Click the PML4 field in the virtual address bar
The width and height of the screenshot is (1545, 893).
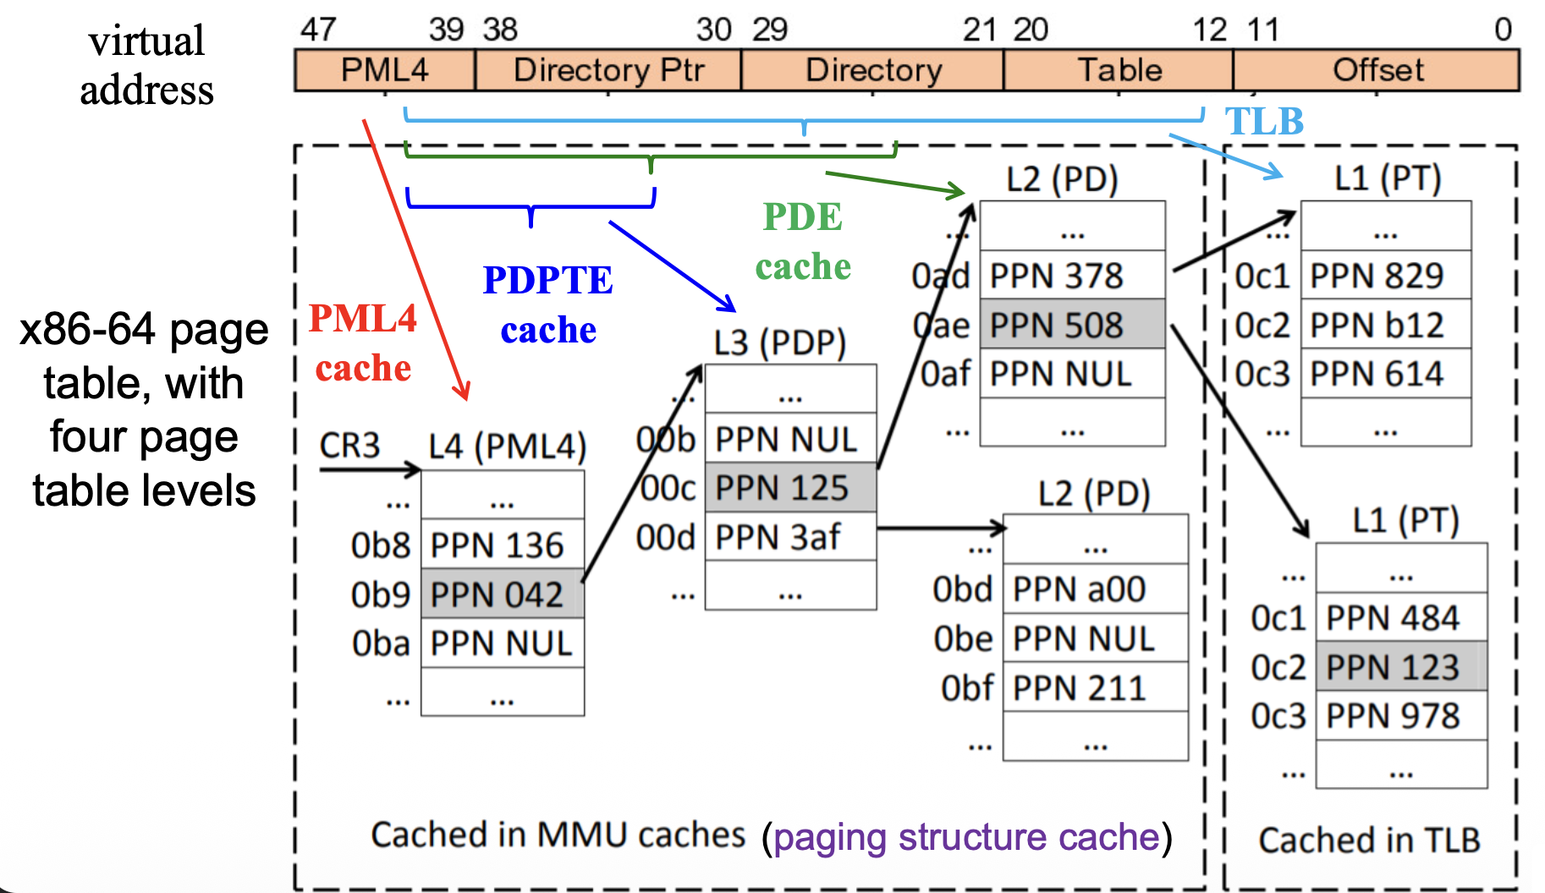point(385,70)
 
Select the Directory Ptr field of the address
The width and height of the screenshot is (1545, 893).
point(608,70)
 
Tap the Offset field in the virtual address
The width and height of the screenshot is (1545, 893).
point(1377,70)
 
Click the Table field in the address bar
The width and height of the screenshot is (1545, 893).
point(1119,70)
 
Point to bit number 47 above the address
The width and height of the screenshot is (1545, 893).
point(318,30)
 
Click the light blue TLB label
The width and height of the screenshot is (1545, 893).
point(1264,122)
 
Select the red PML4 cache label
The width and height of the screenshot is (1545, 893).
point(363,343)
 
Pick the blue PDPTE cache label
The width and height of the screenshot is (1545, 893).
point(548,304)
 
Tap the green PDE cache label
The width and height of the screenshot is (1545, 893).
point(803,241)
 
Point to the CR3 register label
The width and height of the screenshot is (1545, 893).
point(349,446)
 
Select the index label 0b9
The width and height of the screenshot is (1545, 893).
point(381,595)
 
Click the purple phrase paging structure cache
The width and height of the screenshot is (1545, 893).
point(966,837)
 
